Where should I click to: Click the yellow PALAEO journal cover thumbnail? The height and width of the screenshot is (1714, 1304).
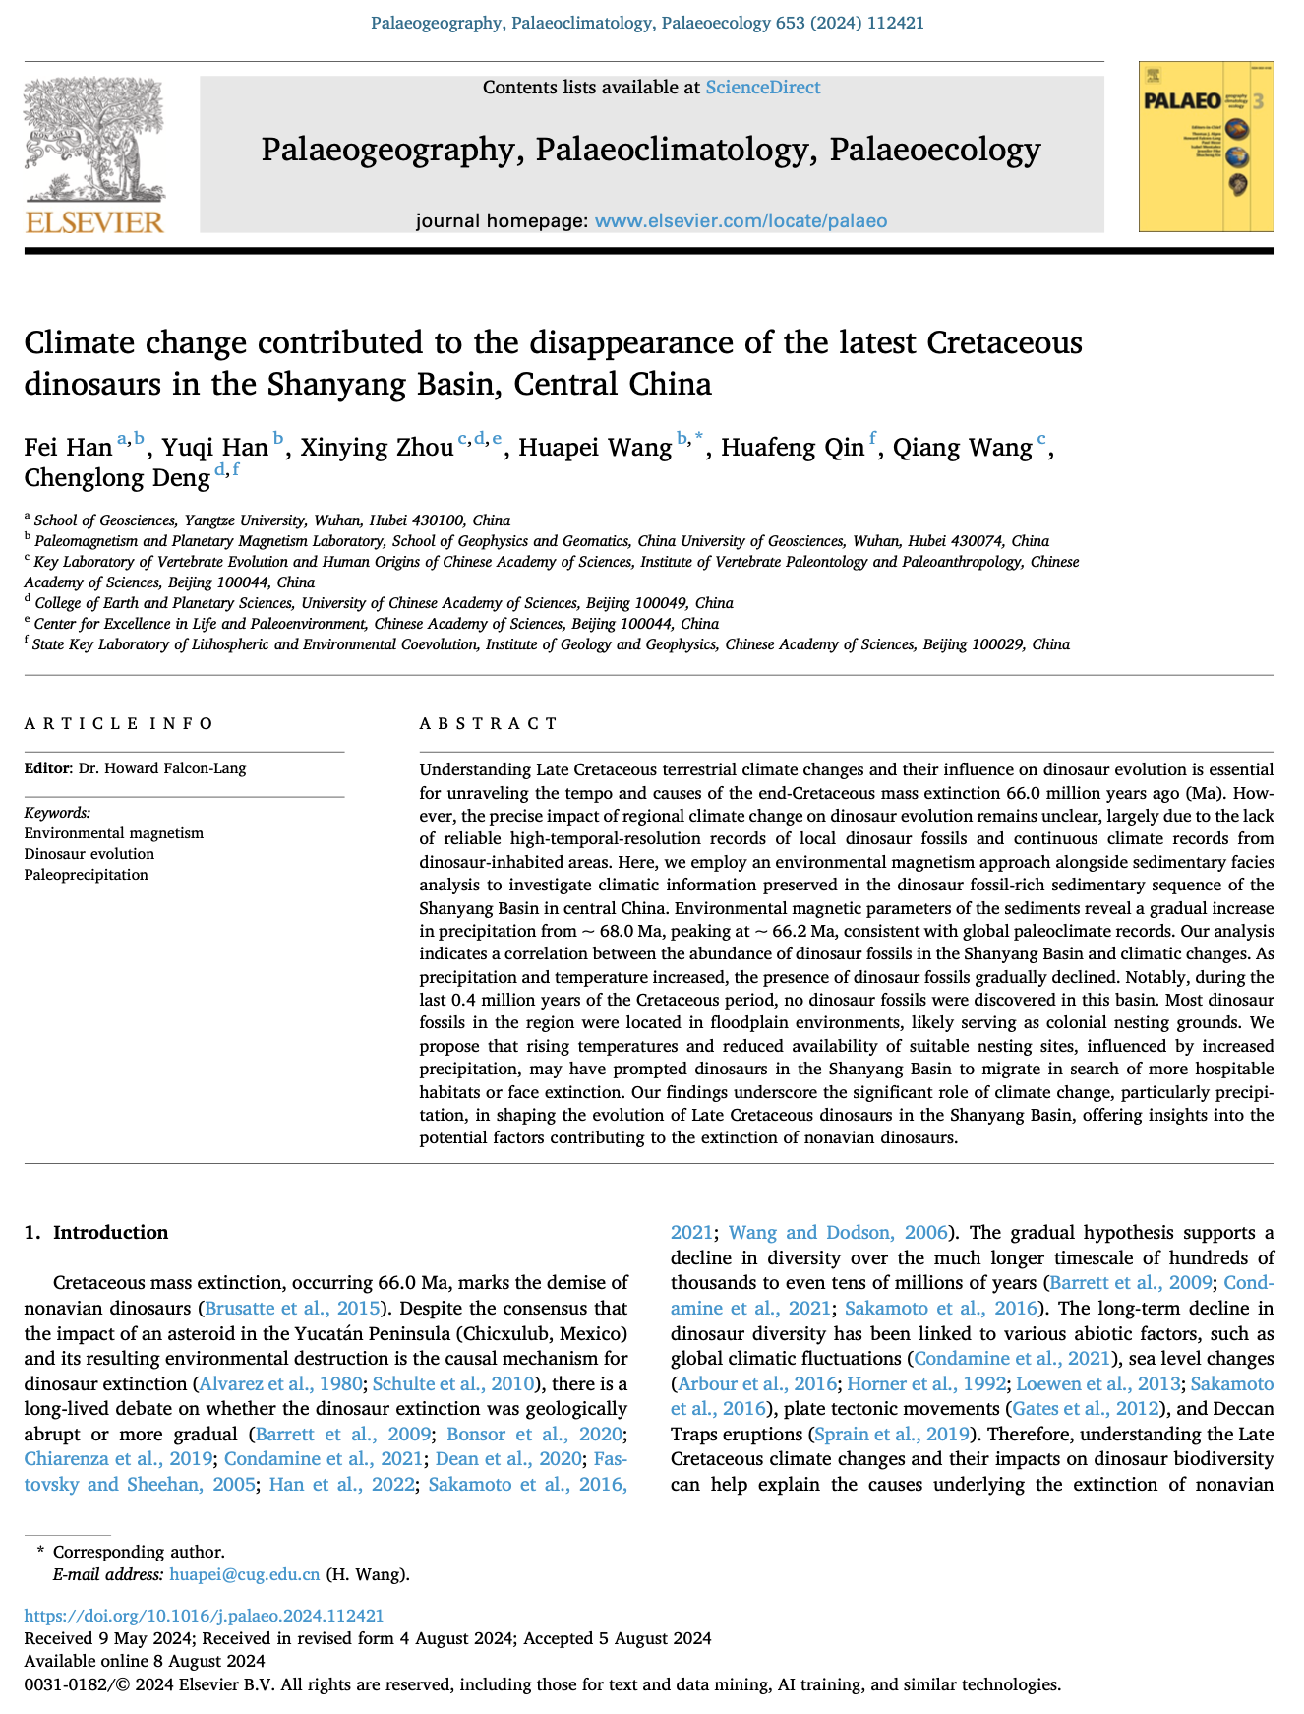tap(1206, 147)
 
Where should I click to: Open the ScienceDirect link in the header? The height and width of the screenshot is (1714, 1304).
tap(762, 88)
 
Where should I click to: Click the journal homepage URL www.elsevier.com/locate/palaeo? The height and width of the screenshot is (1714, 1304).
tap(741, 220)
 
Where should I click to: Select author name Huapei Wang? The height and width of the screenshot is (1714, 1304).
tap(595, 448)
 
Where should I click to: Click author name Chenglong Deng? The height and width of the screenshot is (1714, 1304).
tap(117, 478)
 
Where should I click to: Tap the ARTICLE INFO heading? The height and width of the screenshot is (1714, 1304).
tap(118, 724)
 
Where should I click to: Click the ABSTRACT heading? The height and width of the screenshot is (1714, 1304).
tap(488, 724)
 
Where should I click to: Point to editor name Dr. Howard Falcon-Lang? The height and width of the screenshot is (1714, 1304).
tap(162, 768)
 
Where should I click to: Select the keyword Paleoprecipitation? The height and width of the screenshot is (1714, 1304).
tap(86, 875)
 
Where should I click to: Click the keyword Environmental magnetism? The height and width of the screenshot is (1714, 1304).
tap(113, 833)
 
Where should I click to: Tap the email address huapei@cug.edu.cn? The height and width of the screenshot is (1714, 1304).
tap(244, 1574)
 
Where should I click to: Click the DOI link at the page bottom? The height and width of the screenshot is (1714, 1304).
tap(204, 1615)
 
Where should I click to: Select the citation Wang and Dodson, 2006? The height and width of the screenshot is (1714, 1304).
tap(838, 1233)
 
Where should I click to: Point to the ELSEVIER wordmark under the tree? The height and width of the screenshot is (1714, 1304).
tap(94, 221)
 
